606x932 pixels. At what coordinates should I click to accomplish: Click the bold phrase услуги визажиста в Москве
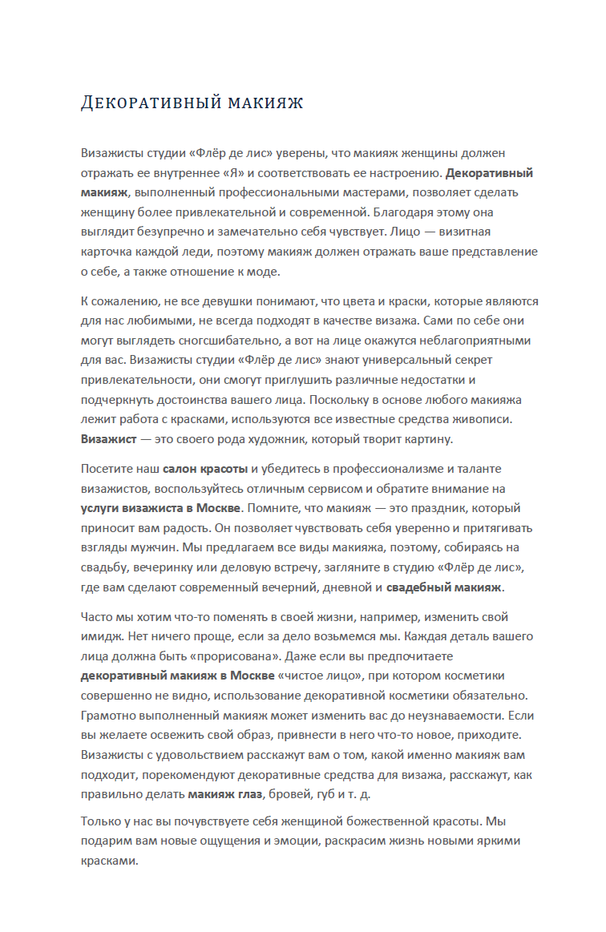click(x=160, y=508)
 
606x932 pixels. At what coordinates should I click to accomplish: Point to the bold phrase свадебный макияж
click(x=444, y=587)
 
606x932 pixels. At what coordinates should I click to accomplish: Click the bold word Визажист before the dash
click(x=107, y=439)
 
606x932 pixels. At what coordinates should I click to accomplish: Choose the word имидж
click(x=100, y=636)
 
